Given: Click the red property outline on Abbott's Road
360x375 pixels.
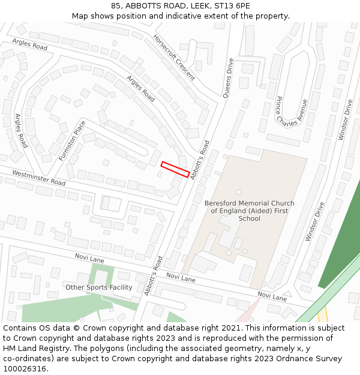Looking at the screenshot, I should pos(175,169).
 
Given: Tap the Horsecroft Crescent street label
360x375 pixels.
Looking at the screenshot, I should pos(174,57).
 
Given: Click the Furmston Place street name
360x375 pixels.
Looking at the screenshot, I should pos(73,140).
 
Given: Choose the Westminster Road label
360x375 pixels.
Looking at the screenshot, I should pos(38,178).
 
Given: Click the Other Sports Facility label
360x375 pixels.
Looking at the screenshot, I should pos(99,287).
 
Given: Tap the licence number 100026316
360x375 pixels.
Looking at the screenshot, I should pos(25,369).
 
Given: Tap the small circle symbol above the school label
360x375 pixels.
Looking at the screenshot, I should pos(238,193).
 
